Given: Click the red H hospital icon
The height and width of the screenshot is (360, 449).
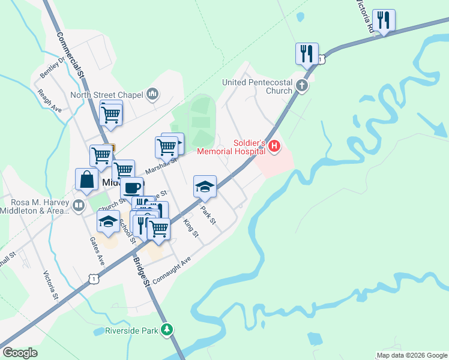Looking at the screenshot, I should [274, 146].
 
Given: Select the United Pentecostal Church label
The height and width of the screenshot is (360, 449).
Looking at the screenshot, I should [257, 86].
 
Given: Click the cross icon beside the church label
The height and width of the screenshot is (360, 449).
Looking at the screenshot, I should [303, 86].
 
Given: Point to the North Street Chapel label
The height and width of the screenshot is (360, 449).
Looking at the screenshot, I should [107, 95].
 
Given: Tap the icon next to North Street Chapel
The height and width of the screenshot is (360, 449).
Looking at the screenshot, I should [152, 94].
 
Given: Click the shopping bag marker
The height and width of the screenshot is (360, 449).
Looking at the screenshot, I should [87, 180].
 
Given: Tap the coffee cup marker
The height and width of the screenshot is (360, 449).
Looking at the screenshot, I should [131, 188].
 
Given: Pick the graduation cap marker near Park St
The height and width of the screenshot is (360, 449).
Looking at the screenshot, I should [205, 187].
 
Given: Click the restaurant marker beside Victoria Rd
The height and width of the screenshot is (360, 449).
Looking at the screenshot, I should [384, 21].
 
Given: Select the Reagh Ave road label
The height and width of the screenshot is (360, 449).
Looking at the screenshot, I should [49, 101].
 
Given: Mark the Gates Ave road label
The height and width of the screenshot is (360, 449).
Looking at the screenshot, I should [97, 251].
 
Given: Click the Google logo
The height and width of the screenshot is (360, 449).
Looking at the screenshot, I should [20, 353].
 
